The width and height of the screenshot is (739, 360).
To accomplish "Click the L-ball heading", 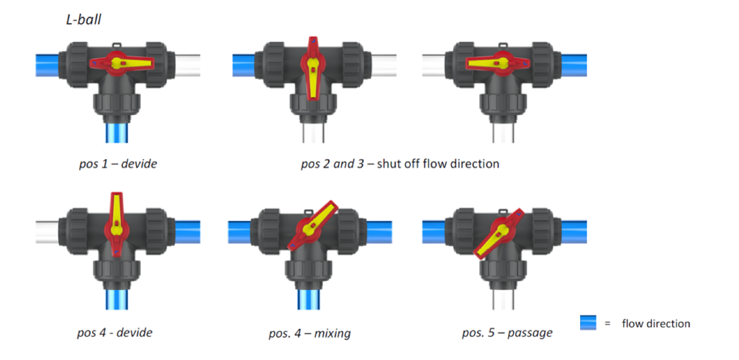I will [x=83, y=19].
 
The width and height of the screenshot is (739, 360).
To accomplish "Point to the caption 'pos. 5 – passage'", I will [x=507, y=333].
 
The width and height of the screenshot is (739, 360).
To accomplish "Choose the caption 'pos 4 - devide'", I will [x=114, y=333].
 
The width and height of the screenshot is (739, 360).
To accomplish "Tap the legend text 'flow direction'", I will [x=656, y=323].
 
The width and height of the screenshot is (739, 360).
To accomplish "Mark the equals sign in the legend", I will [x=607, y=323].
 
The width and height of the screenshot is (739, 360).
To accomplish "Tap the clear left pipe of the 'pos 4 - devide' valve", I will [x=50, y=230].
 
